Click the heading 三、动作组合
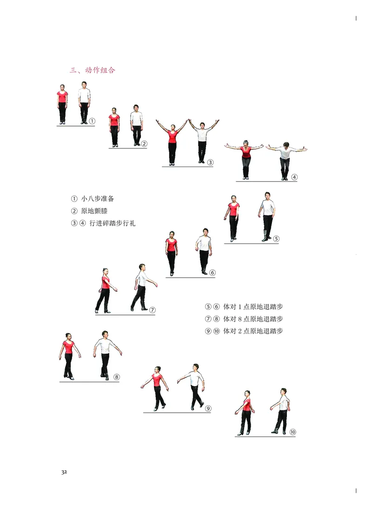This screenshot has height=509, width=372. pos(92,71)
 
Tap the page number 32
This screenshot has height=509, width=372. pos(64,471)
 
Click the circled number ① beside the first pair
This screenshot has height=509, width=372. pos(92,121)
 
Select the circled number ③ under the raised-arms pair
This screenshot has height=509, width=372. pos(210,162)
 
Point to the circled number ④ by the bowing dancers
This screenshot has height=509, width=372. pos(294,177)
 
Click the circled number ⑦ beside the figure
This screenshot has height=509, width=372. pos(152,310)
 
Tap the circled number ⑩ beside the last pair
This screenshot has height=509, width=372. pos(292,432)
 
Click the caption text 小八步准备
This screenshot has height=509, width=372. pos(97,199)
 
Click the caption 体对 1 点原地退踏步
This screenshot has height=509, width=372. pos(253,307)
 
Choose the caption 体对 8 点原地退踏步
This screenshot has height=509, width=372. pos(253,319)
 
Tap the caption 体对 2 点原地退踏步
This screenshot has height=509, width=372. pos(253,331)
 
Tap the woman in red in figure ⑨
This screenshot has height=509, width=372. pos(158,386)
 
